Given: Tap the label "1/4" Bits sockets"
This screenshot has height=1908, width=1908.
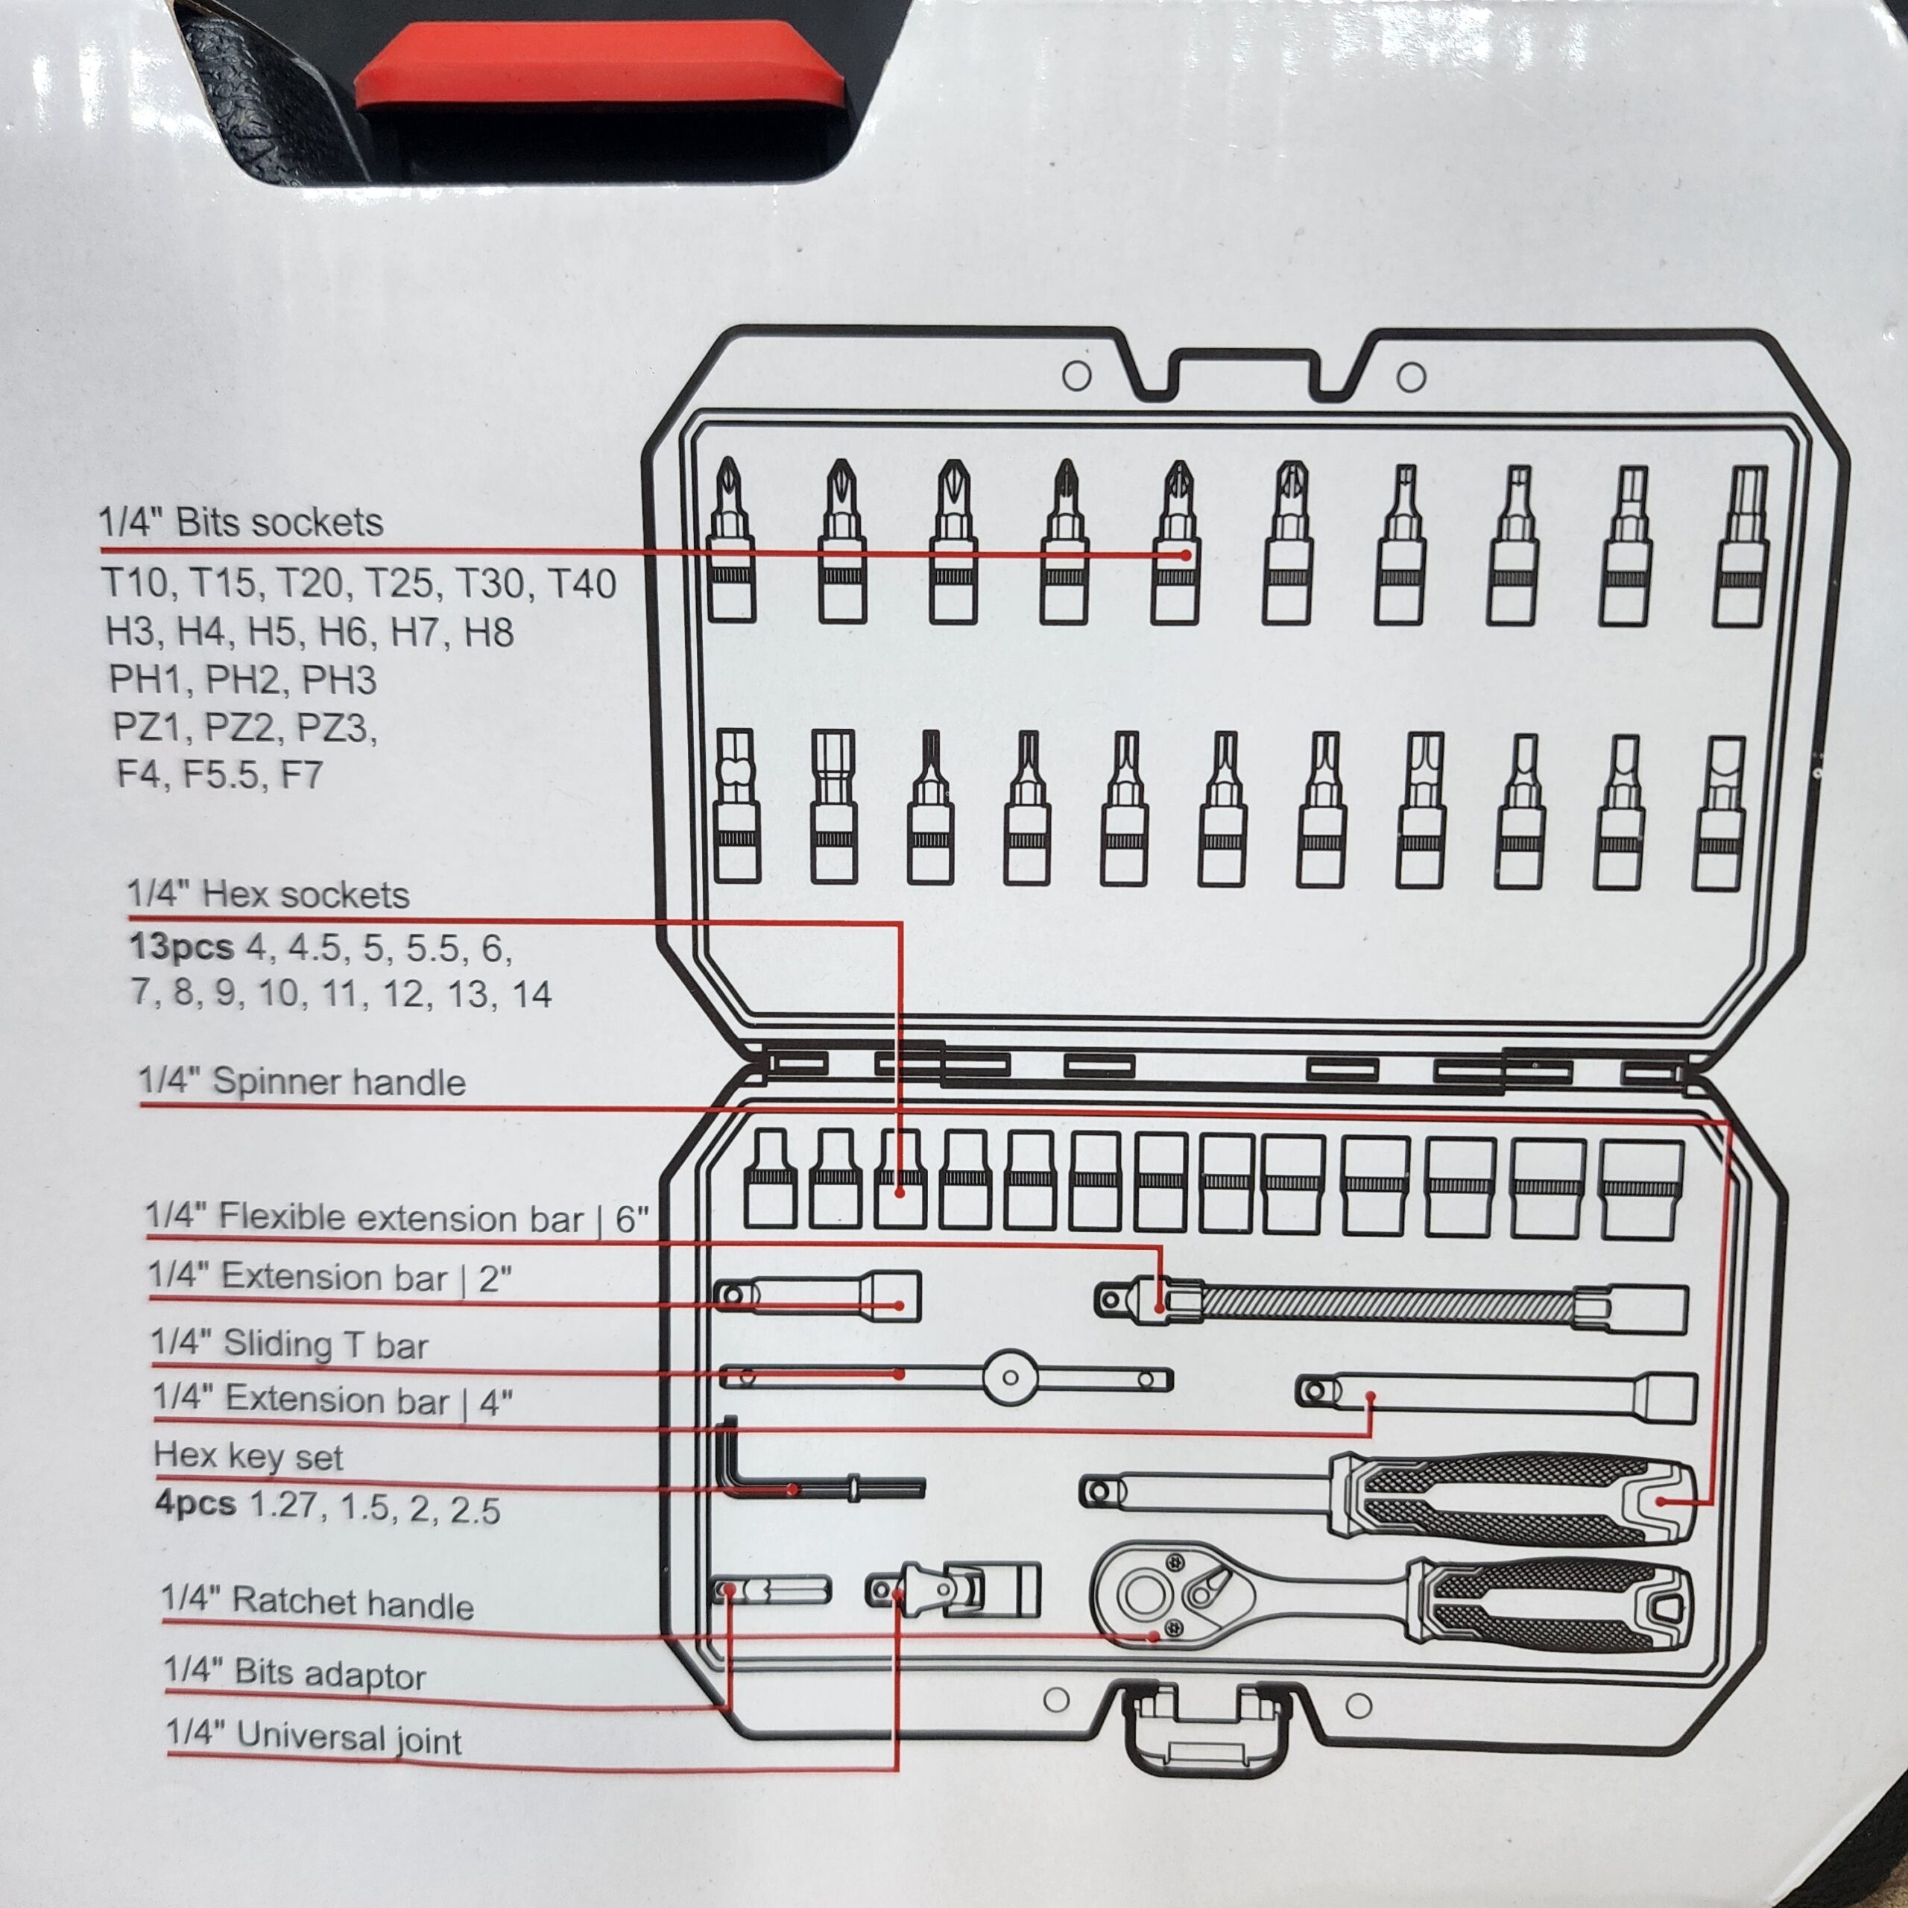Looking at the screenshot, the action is coord(240,522).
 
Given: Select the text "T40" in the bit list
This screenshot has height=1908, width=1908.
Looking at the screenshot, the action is coord(583,584).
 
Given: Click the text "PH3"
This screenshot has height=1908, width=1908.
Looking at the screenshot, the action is coord(338,680).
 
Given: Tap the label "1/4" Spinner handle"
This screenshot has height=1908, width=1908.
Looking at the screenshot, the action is coord(301,1081).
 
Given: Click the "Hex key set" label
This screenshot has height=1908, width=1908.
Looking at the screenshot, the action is coord(248,1456).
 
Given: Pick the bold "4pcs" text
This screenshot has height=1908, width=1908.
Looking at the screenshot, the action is coord(195,1504).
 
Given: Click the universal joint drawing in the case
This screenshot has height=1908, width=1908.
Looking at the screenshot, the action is coord(953,1589).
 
